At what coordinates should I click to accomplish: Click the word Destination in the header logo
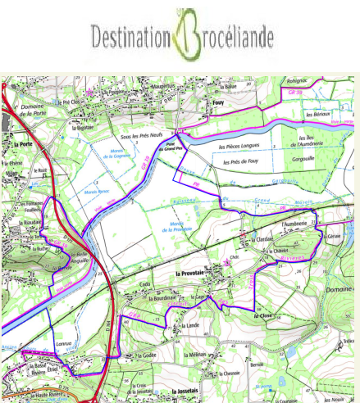click(130, 36)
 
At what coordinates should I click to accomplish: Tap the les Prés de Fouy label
click(242, 161)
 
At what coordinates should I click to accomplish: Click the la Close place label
click(262, 315)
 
